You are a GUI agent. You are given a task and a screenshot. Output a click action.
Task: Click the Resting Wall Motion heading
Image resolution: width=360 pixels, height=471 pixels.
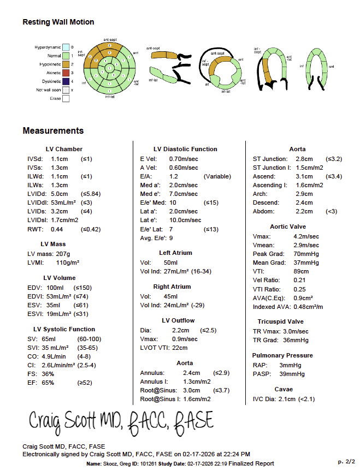58,22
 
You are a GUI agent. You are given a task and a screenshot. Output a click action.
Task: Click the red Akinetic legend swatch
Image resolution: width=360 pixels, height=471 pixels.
66,73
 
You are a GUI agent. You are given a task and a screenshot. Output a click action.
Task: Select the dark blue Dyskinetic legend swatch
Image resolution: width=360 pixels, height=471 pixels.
66,81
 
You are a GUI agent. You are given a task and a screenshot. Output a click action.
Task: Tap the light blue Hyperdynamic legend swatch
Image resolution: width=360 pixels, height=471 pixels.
66,47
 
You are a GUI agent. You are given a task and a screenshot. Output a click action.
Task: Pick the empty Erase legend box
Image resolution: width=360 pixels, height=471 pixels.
66,99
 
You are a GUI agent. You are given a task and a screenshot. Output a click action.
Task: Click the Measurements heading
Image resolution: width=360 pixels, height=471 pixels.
53,131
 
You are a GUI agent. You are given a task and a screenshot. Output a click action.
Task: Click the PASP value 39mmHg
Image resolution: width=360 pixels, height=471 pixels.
292,374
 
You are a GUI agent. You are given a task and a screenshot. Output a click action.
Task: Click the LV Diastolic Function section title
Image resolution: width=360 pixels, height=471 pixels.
185,149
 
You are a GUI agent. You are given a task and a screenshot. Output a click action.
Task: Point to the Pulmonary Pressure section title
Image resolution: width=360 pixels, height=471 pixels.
282,355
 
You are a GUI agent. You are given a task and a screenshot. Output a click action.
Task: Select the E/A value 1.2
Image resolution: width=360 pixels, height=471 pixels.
174,177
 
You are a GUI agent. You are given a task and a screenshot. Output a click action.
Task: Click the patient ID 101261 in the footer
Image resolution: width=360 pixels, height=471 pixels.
146,463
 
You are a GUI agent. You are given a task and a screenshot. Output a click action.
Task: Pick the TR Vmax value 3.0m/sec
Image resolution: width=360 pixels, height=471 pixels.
295,331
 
